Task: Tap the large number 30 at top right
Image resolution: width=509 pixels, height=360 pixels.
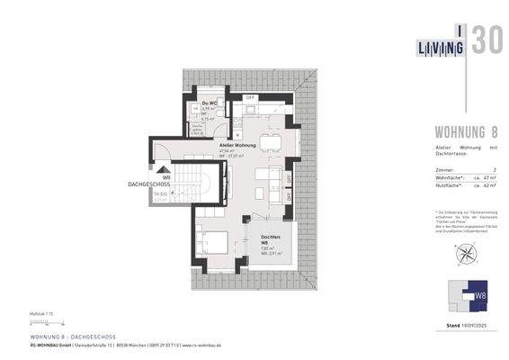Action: [486, 41]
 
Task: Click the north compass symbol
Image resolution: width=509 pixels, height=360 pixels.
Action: [464, 254]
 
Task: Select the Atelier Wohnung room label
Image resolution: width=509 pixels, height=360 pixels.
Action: [238, 145]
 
